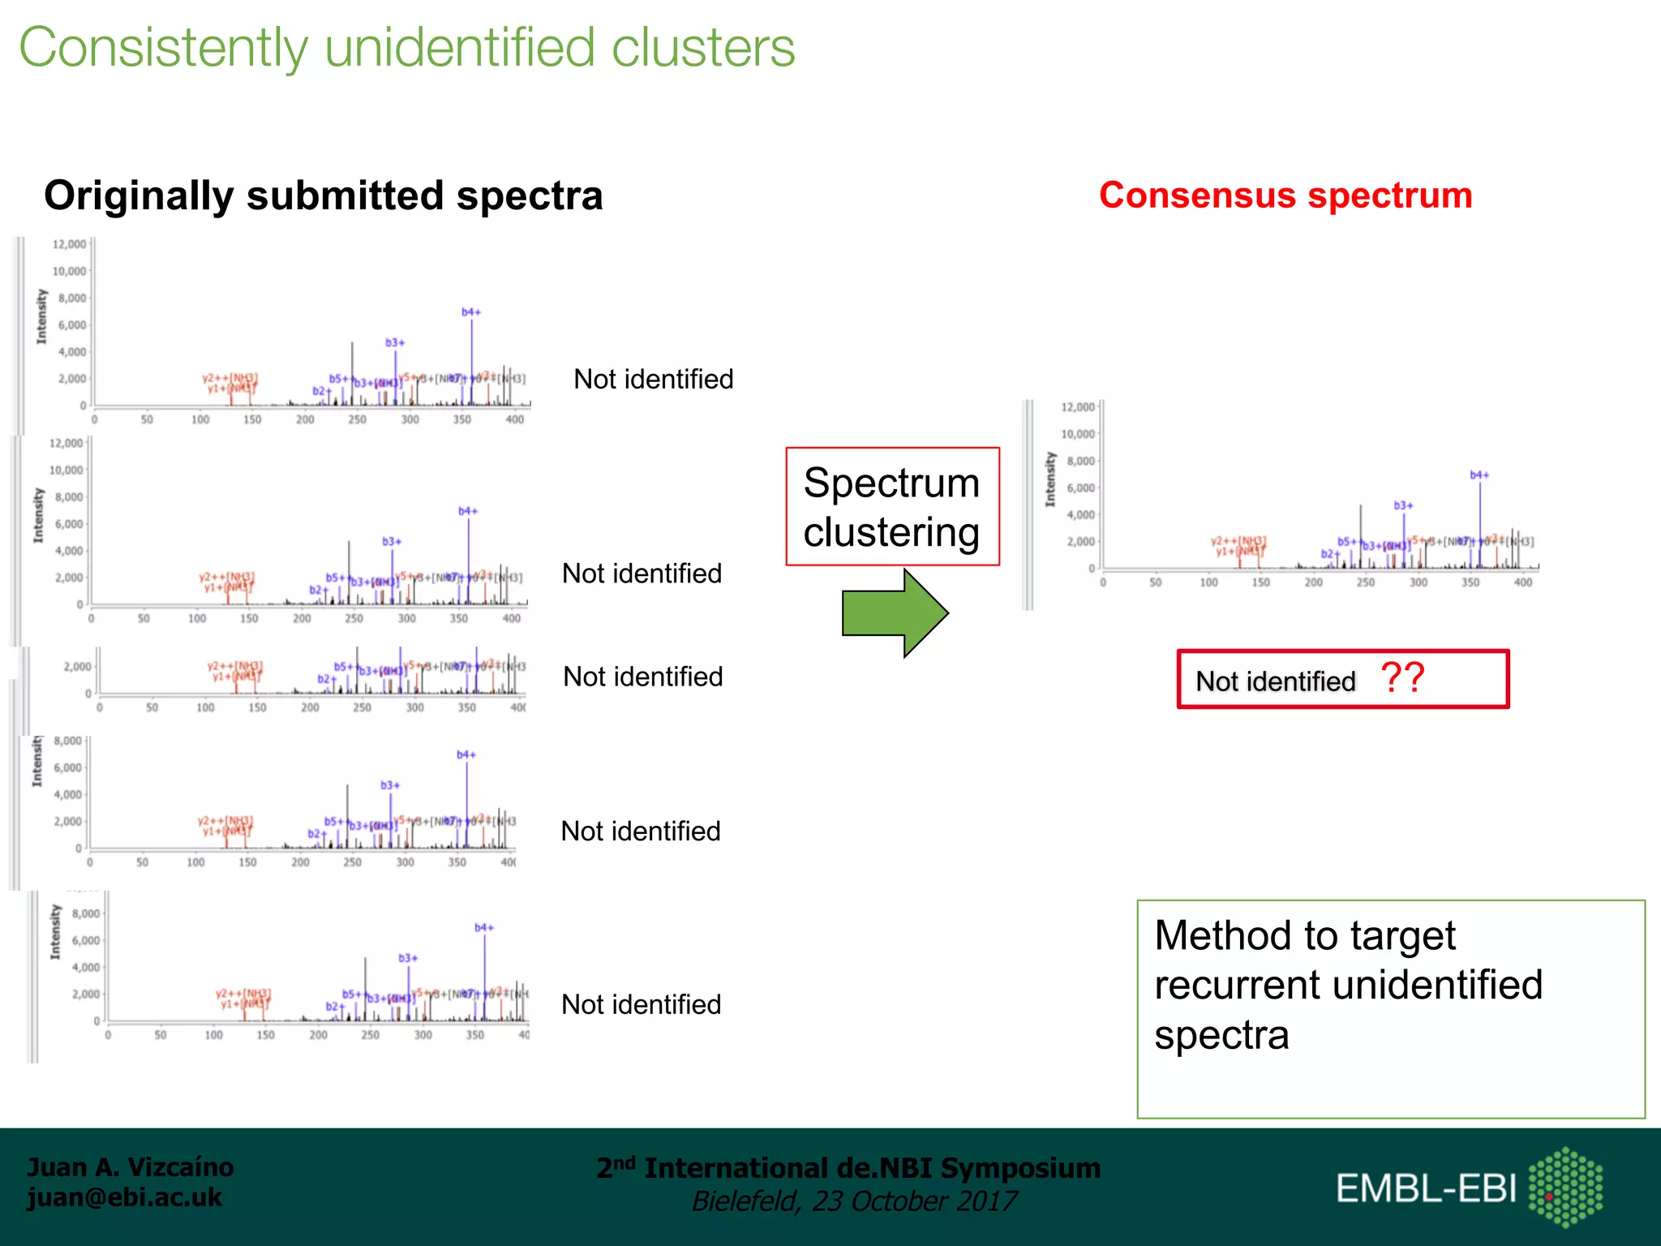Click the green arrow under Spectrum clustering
coord(892,613)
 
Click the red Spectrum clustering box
coord(892,507)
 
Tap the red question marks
coord(1402,678)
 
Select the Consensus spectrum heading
coord(1285,195)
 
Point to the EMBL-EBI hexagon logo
coord(1565,1187)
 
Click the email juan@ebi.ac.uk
coord(125,1197)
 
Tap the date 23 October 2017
coord(913,1201)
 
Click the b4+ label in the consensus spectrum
coord(1479,475)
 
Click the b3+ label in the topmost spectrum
coord(395,343)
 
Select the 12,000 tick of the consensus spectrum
coord(1078,407)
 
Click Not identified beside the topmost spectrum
coord(653,380)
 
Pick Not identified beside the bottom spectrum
coord(641,1005)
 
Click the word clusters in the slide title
coord(702,48)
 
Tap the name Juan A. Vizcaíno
coord(131,1167)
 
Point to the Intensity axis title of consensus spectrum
coord(1051,479)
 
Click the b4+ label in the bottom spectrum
coord(484,928)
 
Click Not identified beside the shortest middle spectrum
coord(642,677)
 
